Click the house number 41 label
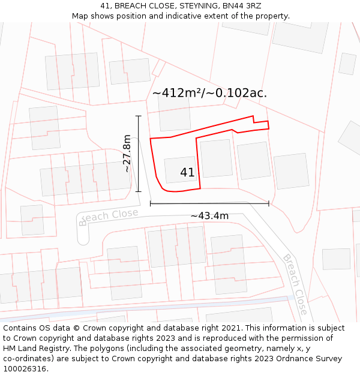click(x=187, y=173)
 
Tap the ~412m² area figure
click(x=177, y=93)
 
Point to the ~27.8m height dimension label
click(x=127, y=154)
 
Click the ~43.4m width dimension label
click(x=209, y=216)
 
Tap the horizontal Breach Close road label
click(x=108, y=217)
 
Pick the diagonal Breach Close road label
click(x=295, y=285)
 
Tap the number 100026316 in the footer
click(x=25, y=369)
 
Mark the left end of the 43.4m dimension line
click(x=150, y=204)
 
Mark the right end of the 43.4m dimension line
click(x=269, y=204)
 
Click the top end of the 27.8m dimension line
click(x=139, y=116)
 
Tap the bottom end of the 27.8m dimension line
click(x=139, y=191)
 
